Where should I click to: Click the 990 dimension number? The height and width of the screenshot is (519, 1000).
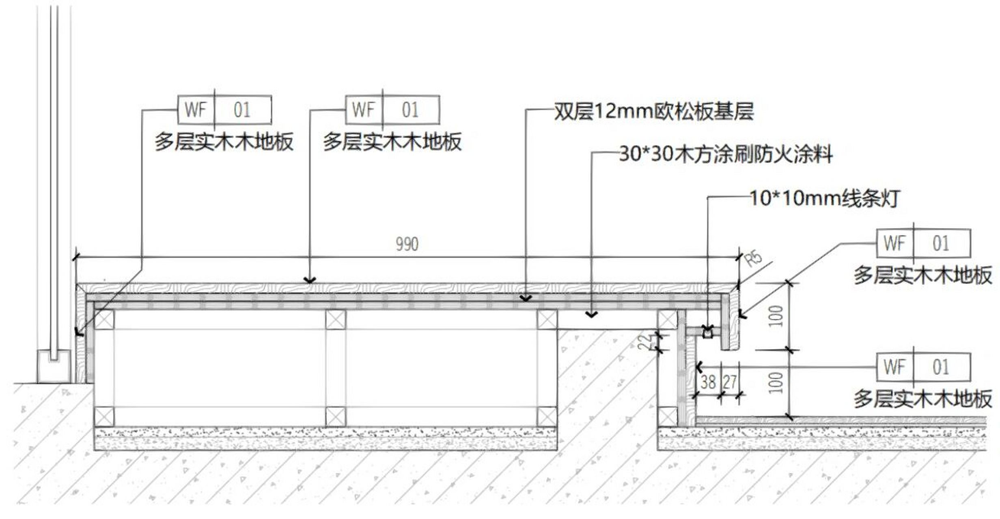click(x=407, y=244)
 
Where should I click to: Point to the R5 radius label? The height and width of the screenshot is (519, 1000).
click(x=754, y=259)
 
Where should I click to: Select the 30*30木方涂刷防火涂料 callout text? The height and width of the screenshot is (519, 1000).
click(x=726, y=154)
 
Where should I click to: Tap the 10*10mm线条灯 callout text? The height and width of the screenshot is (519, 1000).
click(x=825, y=199)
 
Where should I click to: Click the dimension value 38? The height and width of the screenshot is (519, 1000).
click(x=708, y=382)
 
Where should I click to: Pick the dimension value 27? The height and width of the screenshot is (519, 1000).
click(x=730, y=382)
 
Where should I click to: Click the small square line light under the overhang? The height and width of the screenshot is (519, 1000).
click(x=708, y=333)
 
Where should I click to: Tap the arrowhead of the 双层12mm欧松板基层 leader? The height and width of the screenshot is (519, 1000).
click(x=526, y=299)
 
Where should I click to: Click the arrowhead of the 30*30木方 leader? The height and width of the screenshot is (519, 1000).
click(x=591, y=315)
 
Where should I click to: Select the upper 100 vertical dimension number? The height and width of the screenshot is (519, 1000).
click(x=776, y=316)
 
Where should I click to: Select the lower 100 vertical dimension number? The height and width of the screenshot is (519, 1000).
click(x=776, y=383)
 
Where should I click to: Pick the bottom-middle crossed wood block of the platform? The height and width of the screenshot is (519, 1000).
click(x=336, y=417)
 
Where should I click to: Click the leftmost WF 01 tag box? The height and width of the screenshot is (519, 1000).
click(x=224, y=110)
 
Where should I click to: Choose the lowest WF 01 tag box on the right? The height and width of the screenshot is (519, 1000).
click(x=923, y=367)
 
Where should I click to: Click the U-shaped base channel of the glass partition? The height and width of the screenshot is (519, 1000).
click(x=54, y=367)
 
